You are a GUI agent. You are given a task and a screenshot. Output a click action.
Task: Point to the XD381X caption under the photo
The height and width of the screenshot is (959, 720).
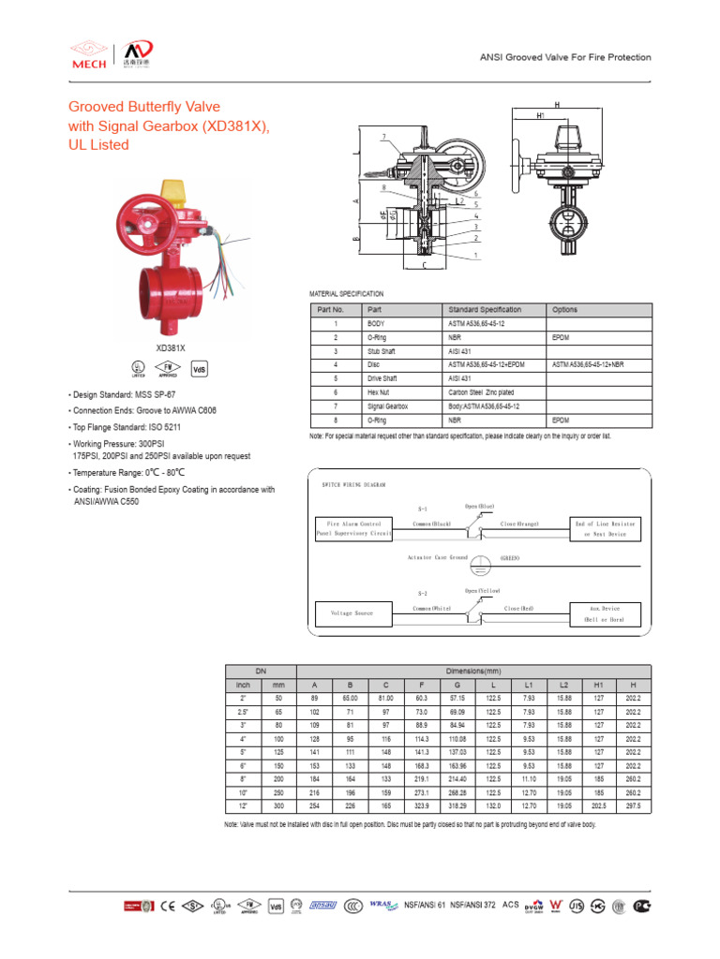point(171,347)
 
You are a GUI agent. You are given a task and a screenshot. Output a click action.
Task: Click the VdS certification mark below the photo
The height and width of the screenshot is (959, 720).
point(199,369)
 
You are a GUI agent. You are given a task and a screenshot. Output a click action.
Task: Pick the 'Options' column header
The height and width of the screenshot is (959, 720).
point(565,309)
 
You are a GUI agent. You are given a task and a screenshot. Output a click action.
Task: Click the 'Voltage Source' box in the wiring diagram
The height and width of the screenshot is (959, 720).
point(352,613)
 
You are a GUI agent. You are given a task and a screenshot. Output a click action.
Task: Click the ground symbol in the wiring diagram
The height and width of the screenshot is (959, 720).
point(479,565)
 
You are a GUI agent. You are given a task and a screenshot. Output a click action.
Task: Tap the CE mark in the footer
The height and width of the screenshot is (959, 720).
point(169,906)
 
